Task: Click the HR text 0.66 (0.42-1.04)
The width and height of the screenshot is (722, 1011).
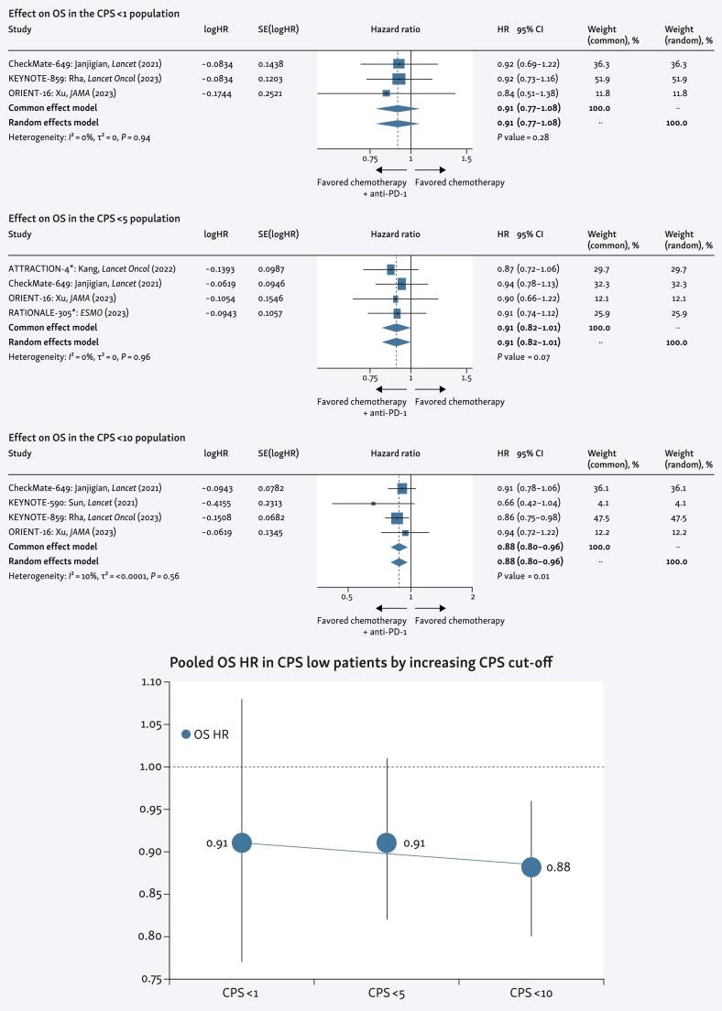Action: coord(528,504)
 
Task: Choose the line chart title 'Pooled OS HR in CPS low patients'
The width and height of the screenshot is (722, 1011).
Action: coord(360,663)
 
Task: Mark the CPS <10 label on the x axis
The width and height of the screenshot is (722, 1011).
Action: coord(531,993)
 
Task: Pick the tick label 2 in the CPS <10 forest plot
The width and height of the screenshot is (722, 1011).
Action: coord(472,597)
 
